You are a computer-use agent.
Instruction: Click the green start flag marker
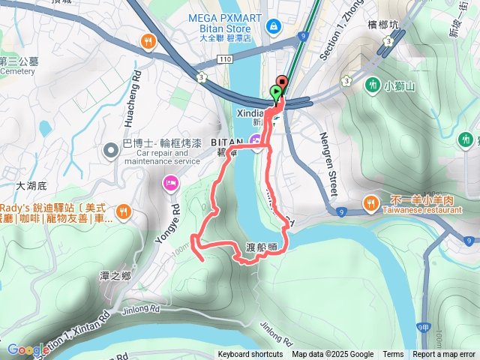[276, 93]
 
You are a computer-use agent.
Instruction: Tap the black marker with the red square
[283, 82]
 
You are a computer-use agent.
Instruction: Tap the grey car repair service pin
[111, 151]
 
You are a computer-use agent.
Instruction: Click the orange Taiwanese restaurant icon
[370, 202]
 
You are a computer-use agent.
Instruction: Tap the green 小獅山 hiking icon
[373, 85]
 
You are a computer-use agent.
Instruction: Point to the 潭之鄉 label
[115, 276]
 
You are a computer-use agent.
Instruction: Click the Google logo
[25, 350]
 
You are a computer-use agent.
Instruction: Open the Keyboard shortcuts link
[250, 355]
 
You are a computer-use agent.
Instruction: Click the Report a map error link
[445, 355]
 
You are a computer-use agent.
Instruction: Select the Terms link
[393, 355]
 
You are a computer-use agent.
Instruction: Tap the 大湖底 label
[31, 184]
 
